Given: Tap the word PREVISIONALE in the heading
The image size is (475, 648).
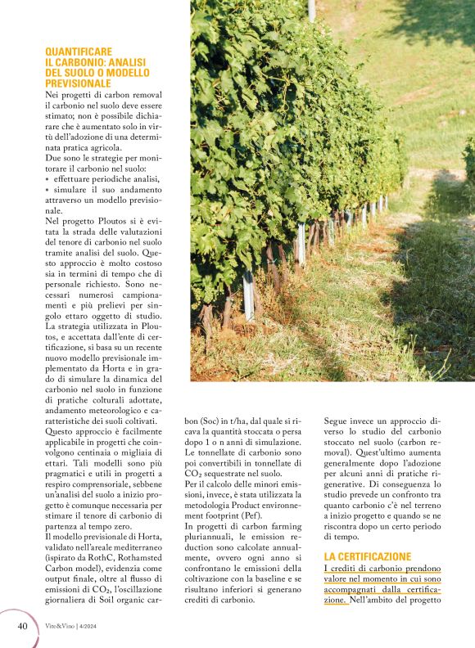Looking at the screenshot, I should (x=79, y=83).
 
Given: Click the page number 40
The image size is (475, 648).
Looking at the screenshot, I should (x=23, y=626).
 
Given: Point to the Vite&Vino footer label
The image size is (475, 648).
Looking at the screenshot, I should (x=62, y=626).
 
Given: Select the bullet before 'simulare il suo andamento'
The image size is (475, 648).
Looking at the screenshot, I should (x=47, y=190).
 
